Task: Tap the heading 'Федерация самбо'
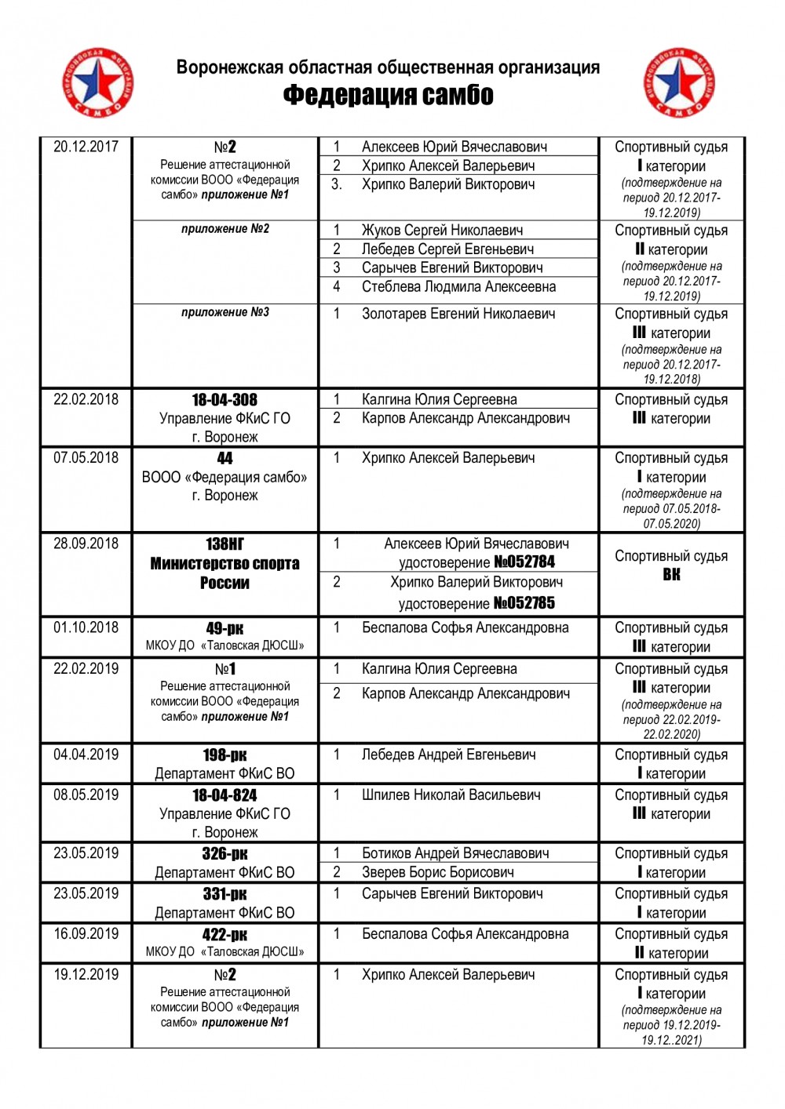388,95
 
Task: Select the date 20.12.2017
86,147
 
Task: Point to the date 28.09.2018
86,544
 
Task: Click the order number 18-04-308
225,400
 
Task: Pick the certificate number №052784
524,562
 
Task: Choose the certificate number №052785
524,603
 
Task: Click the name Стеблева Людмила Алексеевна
458,287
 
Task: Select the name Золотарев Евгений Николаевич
458,314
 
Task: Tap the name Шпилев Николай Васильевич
451,795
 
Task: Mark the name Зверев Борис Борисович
437,872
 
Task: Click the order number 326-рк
225,854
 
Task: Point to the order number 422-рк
225,935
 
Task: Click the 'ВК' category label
671,575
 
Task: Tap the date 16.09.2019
86,934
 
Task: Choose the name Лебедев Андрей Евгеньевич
448,755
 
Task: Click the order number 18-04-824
225,795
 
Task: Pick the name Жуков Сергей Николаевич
442,231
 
